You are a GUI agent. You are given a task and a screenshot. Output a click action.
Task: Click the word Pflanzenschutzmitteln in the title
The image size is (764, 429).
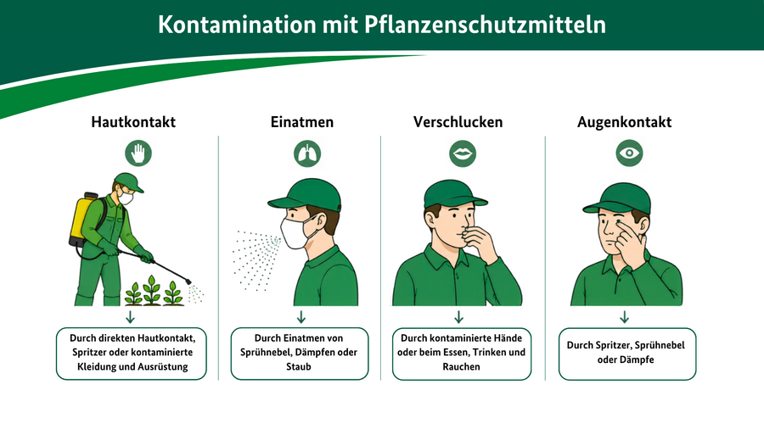coord(485,25)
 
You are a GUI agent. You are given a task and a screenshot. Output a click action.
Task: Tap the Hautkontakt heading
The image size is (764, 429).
coord(133,121)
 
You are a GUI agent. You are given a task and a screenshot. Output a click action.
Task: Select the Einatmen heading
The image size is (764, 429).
coord(302,121)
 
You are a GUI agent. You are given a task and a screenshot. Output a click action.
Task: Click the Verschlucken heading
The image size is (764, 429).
coord(458,121)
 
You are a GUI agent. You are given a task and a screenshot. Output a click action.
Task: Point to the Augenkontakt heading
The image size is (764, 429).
coord(624,121)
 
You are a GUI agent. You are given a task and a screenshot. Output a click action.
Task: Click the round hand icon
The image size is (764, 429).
coord(138,153)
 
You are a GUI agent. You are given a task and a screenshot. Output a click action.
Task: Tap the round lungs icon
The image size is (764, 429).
coord(307,153)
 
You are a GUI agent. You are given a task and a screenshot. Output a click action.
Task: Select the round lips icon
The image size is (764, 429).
coord(463,153)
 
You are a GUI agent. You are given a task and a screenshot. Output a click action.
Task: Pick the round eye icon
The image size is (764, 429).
coord(629,153)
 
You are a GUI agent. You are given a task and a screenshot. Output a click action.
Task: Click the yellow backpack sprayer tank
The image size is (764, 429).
coord(81,219)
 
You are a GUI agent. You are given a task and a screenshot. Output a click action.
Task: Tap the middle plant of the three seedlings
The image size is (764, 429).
coord(152,290)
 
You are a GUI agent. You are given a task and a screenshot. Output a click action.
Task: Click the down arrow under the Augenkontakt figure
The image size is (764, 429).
coord(624,317)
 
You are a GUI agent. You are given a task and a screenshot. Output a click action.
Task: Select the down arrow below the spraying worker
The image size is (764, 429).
coord(130,317)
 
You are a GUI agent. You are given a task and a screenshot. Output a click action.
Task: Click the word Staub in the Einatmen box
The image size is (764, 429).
coord(299,367)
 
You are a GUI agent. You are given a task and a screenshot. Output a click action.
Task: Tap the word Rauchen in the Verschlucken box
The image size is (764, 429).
coord(462,367)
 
